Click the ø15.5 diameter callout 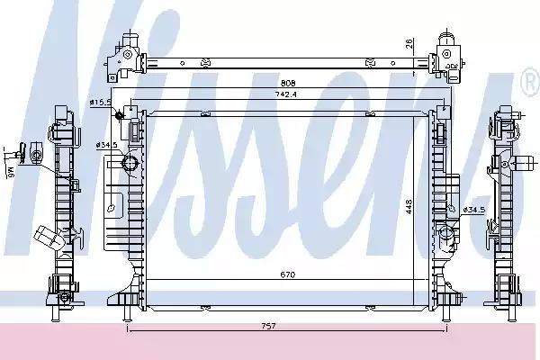100,103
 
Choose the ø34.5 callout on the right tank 474,210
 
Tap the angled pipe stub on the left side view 49,238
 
